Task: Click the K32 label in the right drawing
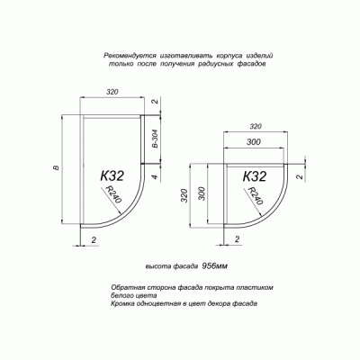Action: (255, 177)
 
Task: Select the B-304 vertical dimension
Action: (155, 139)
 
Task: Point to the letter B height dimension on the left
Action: (56, 169)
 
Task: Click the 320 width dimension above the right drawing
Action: (256, 127)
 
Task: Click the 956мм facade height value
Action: (215, 267)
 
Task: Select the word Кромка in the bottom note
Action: (128, 303)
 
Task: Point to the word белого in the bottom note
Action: (125, 294)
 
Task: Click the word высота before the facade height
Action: (159, 267)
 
